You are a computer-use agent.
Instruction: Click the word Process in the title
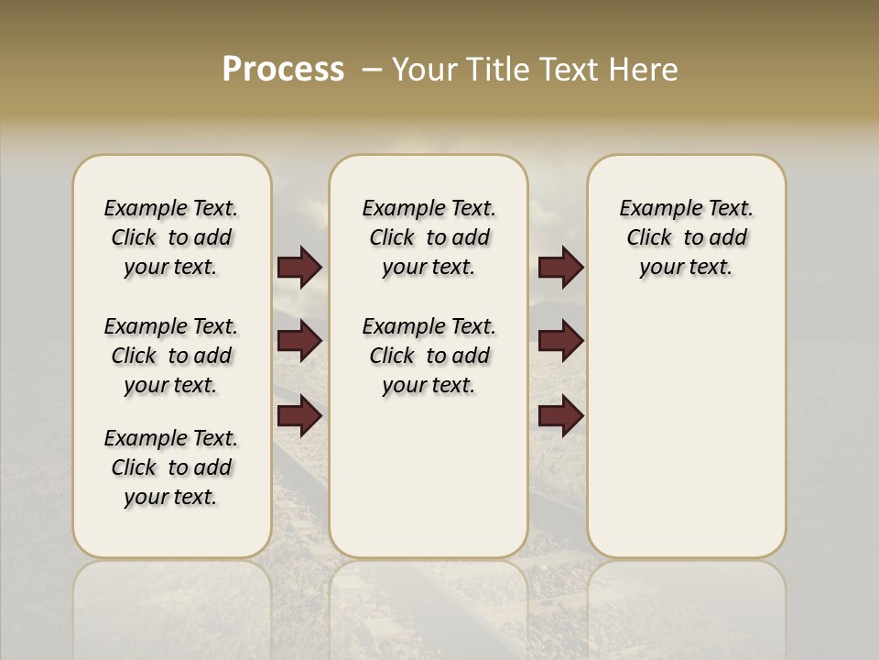(283, 70)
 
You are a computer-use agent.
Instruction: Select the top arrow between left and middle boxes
(299, 268)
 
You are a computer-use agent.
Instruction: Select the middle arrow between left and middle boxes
(299, 342)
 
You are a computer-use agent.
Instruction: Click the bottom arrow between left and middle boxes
(299, 416)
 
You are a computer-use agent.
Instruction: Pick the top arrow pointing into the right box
(560, 268)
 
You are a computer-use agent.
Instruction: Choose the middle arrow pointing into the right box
(560, 342)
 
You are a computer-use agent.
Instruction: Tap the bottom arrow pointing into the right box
(560, 416)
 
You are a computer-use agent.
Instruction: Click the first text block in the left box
(171, 237)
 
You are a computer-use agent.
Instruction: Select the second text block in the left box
(171, 356)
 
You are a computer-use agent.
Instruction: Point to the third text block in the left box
(171, 467)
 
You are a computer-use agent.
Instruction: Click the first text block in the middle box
(429, 237)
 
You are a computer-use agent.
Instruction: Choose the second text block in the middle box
(429, 356)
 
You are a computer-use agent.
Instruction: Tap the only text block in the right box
(686, 237)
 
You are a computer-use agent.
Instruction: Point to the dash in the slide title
(372, 70)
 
